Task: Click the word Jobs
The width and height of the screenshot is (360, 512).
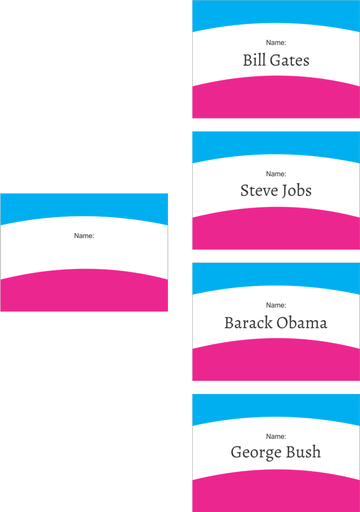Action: [x=296, y=191]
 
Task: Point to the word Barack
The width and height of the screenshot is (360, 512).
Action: [x=248, y=322]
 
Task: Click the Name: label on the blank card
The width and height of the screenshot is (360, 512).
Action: [x=84, y=236]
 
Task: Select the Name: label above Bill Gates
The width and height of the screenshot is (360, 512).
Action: [x=276, y=42]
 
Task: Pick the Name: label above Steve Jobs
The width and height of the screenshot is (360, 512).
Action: [x=276, y=174]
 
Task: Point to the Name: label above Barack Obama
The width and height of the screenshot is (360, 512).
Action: [x=276, y=305]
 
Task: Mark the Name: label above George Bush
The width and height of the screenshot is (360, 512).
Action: [x=276, y=436]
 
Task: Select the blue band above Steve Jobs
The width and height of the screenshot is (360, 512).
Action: [x=276, y=144]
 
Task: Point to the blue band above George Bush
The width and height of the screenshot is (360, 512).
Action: [x=276, y=406]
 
